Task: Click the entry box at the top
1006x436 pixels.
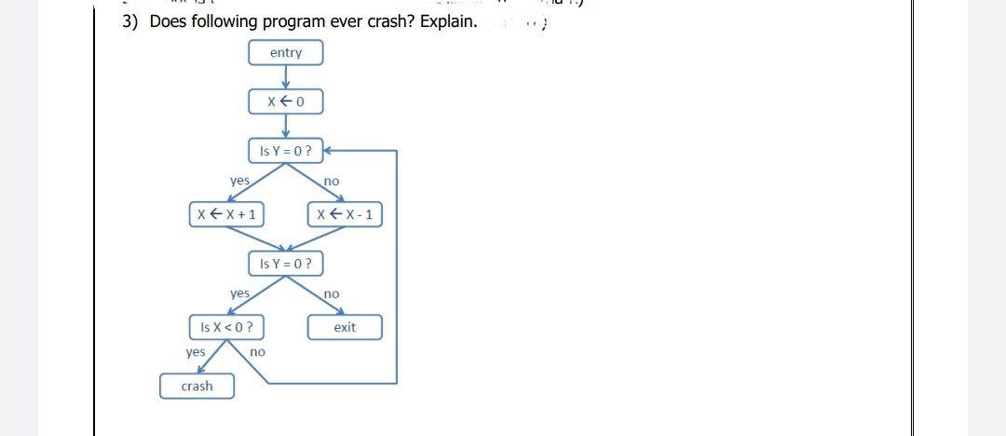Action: tap(285, 53)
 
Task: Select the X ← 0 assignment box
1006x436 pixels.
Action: tap(285, 102)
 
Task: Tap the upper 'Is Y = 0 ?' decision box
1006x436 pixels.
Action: tap(285, 150)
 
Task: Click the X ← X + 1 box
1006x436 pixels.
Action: tap(226, 214)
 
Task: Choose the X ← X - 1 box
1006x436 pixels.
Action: tap(344, 214)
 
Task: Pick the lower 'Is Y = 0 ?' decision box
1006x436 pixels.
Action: tap(285, 264)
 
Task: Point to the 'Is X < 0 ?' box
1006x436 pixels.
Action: tap(226, 327)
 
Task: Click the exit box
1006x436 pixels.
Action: tap(345, 327)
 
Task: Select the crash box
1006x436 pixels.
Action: tap(197, 386)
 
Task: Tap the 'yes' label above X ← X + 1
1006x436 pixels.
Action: tap(239, 180)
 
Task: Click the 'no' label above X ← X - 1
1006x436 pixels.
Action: tap(332, 180)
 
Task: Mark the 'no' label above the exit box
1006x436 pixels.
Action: tap(332, 293)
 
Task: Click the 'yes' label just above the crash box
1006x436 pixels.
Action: tap(196, 352)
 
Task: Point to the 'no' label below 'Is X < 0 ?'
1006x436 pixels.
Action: tap(258, 352)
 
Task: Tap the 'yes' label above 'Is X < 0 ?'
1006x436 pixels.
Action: tap(239, 293)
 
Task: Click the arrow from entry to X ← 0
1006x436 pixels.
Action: tap(285, 78)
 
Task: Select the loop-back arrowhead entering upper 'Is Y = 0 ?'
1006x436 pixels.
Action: tap(326, 150)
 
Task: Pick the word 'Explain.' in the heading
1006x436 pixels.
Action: tap(449, 21)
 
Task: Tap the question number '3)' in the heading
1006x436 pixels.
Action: tap(132, 21)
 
